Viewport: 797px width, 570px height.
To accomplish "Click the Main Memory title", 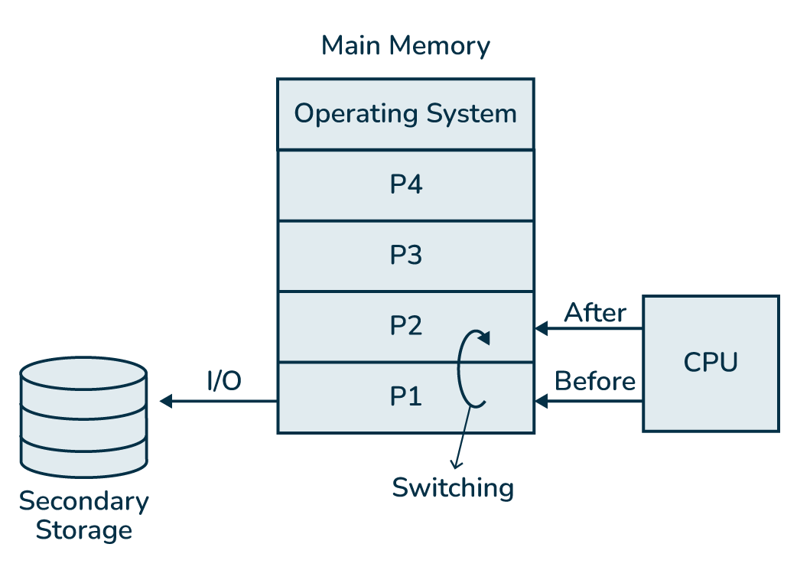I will click(x=405, y=46).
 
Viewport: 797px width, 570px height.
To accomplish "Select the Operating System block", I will click(x=405, y=114).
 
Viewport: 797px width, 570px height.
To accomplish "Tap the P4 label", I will click(x=405, y=185).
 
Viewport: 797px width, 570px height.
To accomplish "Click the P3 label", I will click(x=405, y=256).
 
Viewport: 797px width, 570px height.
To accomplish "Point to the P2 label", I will click(x=405, y=326).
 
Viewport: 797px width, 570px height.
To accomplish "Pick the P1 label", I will click(x=405, y=397).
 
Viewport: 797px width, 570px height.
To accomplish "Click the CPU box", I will click(x=711, y=363).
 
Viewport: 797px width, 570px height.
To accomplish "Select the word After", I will click(x=595, y=313).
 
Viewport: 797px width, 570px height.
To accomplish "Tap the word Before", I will click(x=595, y=381).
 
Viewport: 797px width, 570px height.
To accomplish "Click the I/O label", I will click(x=224, y=381).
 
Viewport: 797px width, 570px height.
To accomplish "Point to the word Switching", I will click(x=453, y=487).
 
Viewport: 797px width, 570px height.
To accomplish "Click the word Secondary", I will click(x=83, y=502).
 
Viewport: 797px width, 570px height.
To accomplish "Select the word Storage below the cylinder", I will click(x=83, y=530).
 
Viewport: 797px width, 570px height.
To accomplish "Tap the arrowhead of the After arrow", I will click(x=541, y=329).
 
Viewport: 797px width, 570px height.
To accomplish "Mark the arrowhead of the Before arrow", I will click(x=541, y=401).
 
